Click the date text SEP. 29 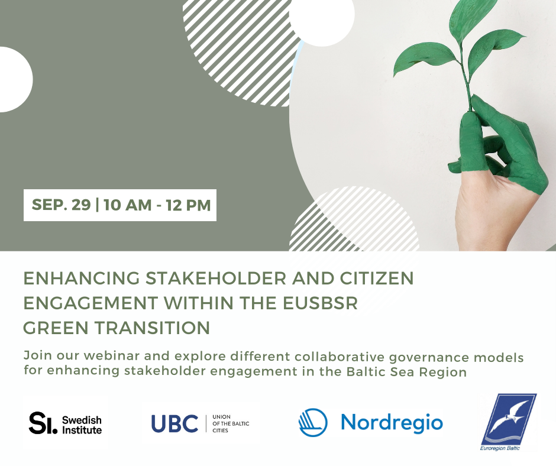tap(61, 205)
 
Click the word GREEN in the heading tap(56, 328)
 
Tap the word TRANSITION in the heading tap(153, 328)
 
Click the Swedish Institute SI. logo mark tap(43, 423)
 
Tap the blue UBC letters tap(174, 423)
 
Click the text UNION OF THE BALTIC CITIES tap(231, 423)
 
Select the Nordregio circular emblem tap(313, 422)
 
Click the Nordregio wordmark tap(392, 422)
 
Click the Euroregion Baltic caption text tap(500, 448)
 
